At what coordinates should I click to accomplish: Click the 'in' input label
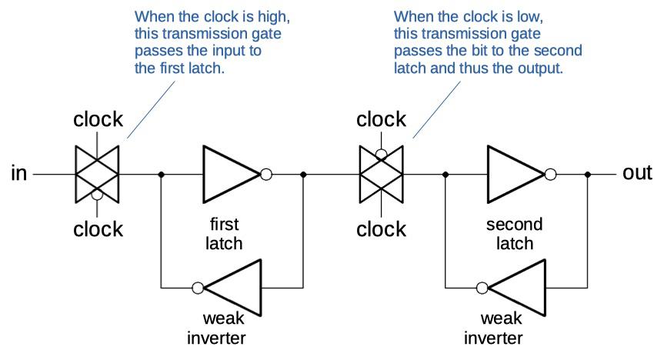coord(19,174)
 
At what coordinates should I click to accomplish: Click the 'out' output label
coord(637,173)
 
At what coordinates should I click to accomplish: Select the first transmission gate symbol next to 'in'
coord(97,174)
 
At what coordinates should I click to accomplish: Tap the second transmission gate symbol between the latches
coord(382,174)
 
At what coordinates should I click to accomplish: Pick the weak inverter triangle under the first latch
coord(235,288)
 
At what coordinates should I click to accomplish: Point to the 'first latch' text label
coord(225,234)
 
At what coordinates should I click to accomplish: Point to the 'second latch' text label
coord(514,234)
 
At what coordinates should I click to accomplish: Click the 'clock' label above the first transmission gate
coord(98,119)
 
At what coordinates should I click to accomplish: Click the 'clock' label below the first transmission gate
coord(98,229)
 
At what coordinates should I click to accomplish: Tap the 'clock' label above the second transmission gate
coord(382,119)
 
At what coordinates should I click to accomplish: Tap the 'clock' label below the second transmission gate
coord(382,229)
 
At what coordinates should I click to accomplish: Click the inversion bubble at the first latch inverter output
coord(266,175)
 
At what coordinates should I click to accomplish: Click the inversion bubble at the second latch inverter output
coord(550,175)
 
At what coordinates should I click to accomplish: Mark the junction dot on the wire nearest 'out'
coord(589,175)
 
